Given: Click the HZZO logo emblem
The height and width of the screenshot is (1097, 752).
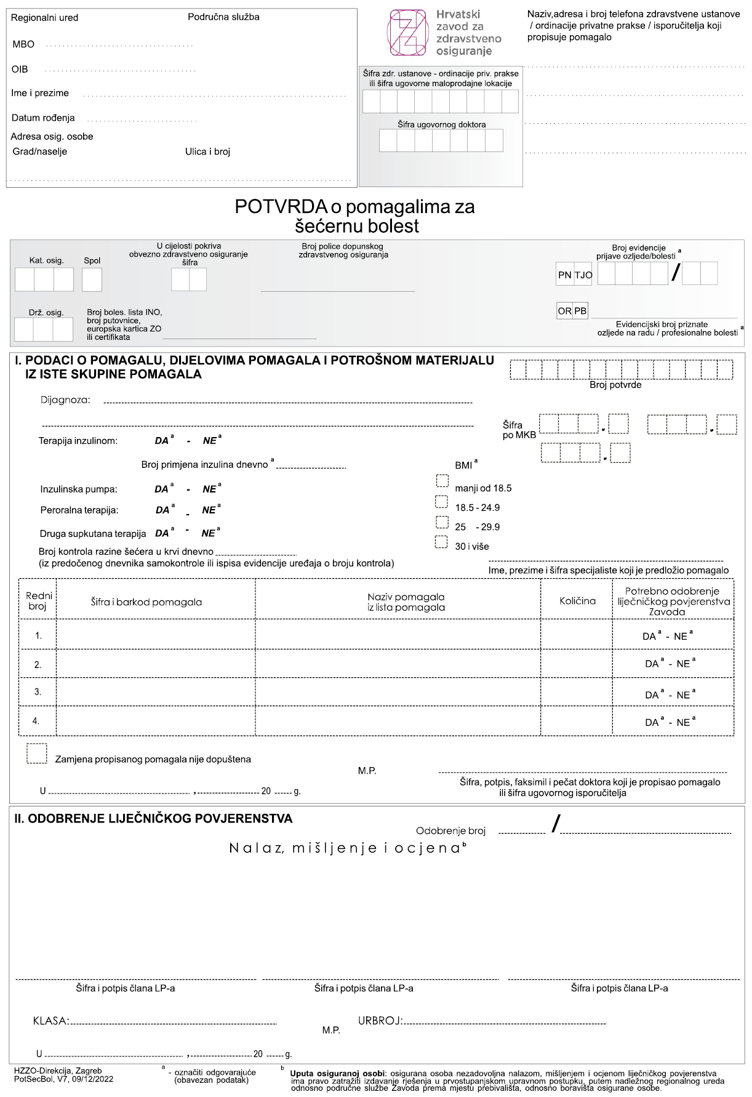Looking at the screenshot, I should [x=407, y=33].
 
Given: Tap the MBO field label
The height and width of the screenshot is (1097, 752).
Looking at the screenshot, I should [x=23, y=44].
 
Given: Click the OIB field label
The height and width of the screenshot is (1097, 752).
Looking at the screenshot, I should [x=20, y=69].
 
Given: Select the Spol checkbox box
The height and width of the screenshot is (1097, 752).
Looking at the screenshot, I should [x=92, y=280].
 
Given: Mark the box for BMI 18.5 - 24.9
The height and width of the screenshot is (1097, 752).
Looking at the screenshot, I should [x=441, y=502].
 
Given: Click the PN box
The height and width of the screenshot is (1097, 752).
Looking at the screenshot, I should [x=564, y=275].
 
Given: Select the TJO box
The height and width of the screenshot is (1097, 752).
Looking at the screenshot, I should [x=583, y=275].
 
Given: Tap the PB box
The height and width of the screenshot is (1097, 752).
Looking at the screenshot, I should [x=580, y=311].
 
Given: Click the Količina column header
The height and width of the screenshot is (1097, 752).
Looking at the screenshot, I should [x=577, y=601].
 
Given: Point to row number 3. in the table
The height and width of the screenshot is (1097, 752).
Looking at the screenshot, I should [x=38, y=692].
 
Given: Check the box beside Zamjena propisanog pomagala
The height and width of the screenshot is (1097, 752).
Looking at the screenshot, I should [x=37, y=754].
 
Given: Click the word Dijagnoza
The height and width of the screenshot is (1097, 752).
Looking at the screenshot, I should [x=65, y=400].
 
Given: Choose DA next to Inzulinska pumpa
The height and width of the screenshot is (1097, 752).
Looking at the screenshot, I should [x=161, y=489].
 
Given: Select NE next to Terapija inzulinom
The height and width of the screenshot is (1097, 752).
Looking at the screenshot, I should [x=209, y=441].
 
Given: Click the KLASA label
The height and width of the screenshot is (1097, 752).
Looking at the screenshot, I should [x=50, y=1021].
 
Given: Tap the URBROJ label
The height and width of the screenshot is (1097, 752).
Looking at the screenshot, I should [x=380, y=1021].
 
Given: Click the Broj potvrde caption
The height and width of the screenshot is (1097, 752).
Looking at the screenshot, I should [x=615, y=385].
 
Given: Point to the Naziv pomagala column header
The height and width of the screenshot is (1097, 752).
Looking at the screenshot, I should [x=406, y=601].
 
